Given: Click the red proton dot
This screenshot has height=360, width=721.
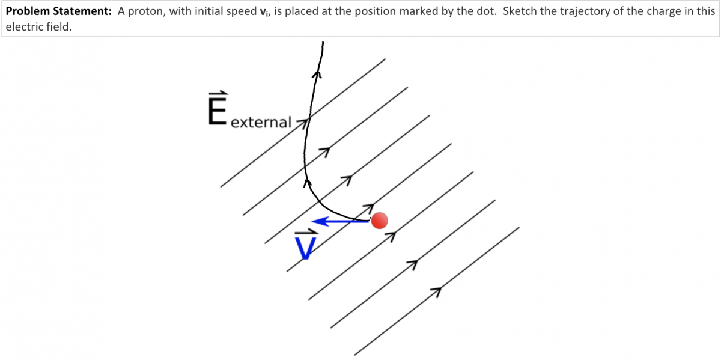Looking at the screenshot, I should click(379, 221).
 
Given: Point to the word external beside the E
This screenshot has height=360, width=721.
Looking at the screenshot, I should click(261, 122).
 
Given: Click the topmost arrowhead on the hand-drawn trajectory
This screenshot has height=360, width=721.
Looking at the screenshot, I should click(318, 75).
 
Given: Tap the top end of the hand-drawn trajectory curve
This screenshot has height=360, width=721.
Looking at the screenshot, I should click(323, 43).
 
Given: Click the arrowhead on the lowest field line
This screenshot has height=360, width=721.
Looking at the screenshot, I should click(437, 291).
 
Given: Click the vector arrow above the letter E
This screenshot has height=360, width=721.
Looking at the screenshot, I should click(218, 94).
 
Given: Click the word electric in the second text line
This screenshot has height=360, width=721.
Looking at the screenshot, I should click(22, 26).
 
